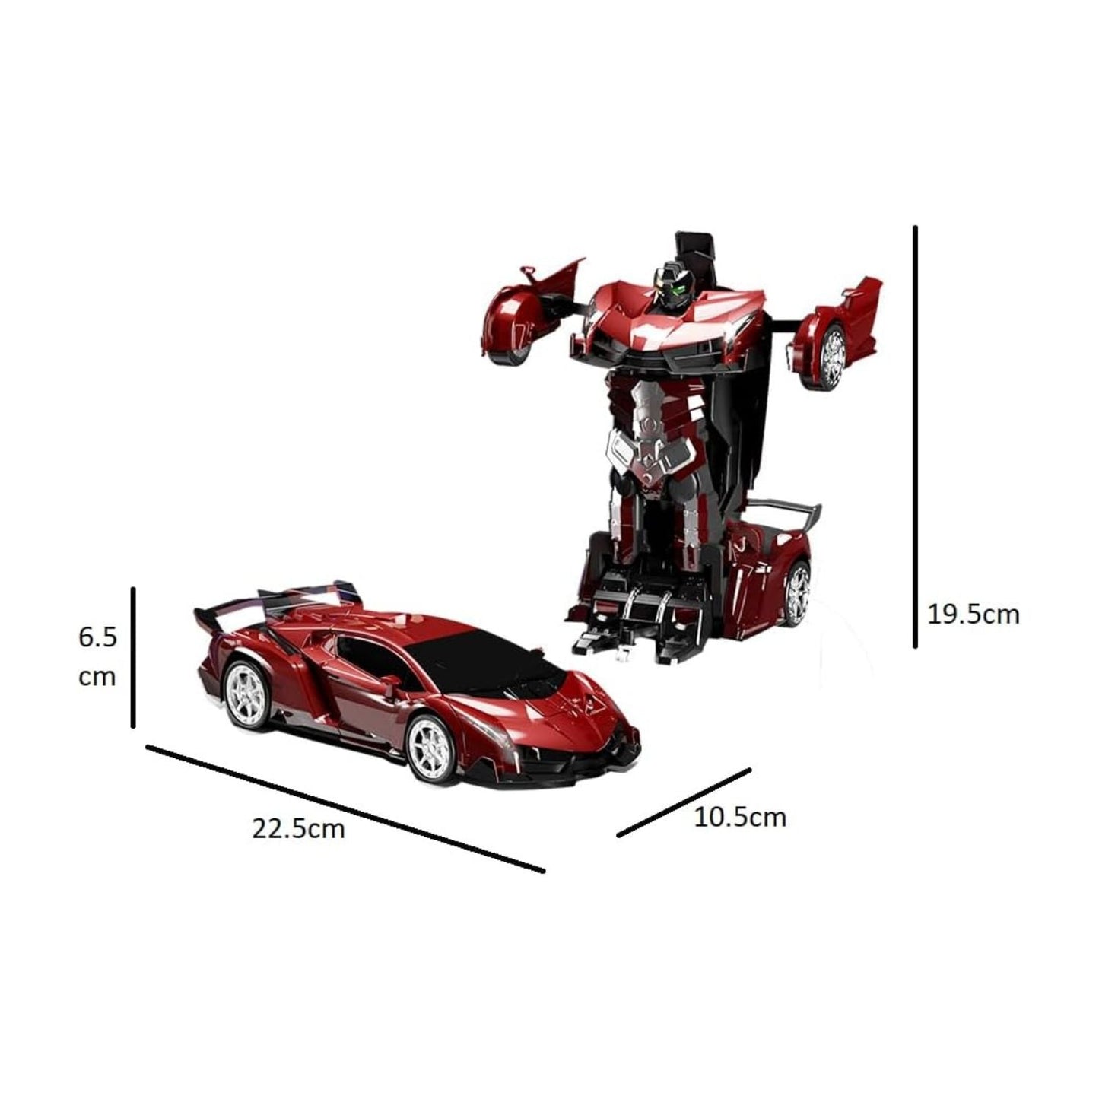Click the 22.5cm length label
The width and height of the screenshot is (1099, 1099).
click(298, 827)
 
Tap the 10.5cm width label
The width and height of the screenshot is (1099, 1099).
click(739, 817)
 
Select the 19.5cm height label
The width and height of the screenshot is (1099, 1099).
click(973, 614)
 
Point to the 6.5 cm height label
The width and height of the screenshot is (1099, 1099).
click(97, 656)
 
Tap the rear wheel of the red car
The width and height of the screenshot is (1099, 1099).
click(248, 694)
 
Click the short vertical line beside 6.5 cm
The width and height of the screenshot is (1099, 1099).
click(133, 657)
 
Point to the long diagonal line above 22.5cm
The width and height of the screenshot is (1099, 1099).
click(345, 808)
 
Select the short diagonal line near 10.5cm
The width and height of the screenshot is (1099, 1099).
click(684, 802)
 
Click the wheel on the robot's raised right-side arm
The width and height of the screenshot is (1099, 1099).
click(833, 354)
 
